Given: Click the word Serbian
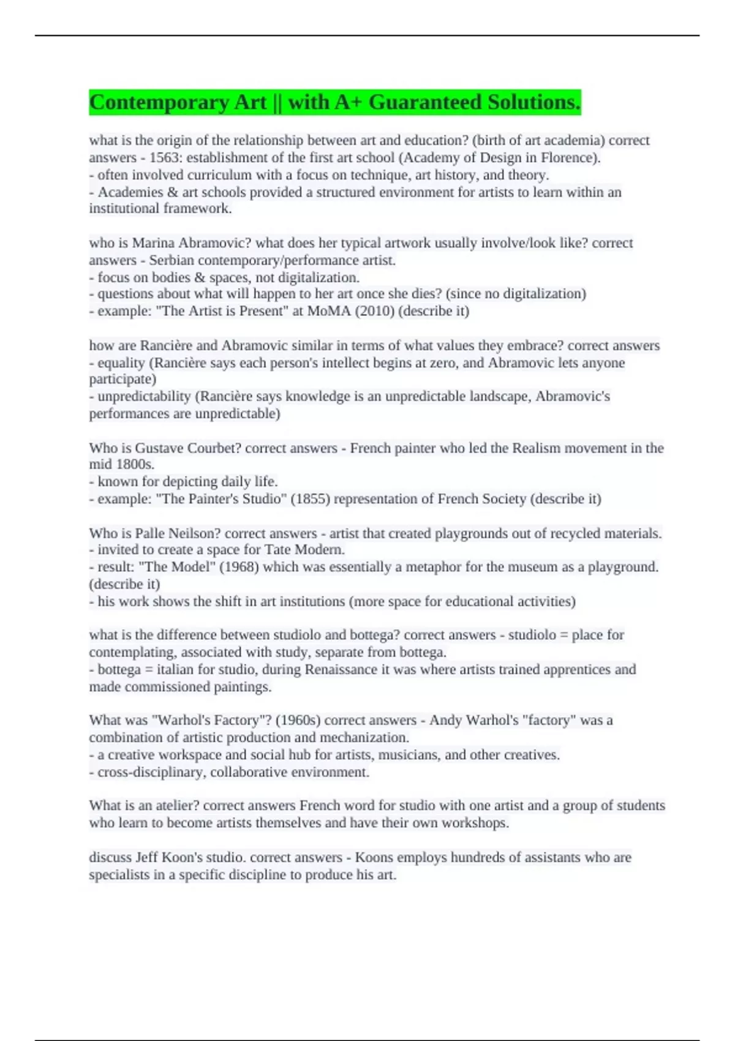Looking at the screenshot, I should point(171,260).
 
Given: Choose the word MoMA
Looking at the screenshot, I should point(331,311).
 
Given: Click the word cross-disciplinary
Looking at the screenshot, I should point(149,772).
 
